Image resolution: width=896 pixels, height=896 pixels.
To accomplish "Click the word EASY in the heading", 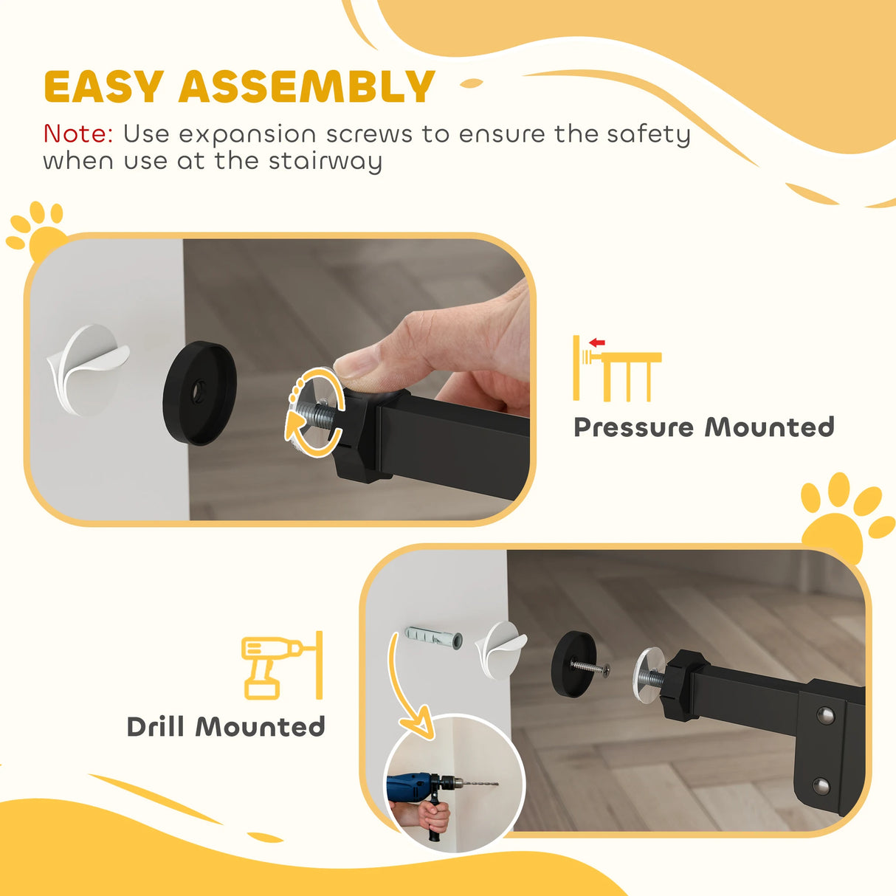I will (103, 87).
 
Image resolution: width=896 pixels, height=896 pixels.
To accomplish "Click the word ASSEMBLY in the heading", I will (306, 87).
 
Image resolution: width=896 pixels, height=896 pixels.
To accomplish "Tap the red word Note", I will (77, 134).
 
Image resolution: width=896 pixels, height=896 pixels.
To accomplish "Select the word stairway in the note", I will (325, 161).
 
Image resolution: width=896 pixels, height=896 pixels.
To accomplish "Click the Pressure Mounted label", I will (703, 427).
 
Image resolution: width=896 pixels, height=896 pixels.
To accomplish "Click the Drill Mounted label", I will (226, 727).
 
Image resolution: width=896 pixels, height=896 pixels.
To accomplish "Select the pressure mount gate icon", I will (617, 368).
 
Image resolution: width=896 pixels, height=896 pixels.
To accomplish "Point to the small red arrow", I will (597, 342).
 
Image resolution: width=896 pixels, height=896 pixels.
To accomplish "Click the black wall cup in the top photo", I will (199, 393).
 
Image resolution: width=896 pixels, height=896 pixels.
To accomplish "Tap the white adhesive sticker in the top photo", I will (87, 369).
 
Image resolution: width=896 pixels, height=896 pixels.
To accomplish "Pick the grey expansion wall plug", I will (433, 638).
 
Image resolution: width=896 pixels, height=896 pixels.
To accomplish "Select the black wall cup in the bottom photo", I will (573, 663).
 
